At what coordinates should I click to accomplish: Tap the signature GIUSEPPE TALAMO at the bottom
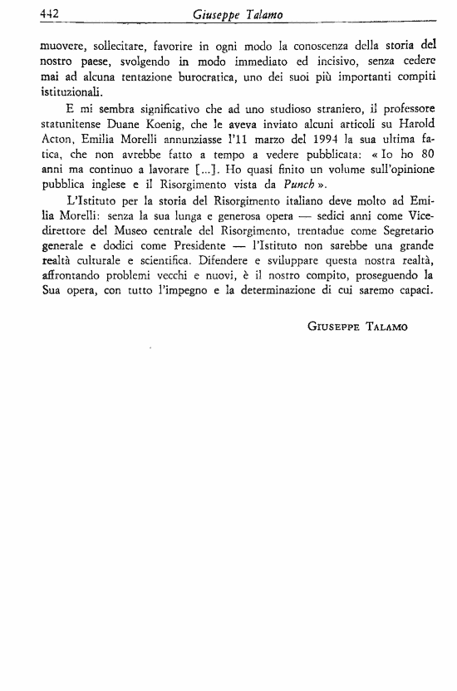358,327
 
